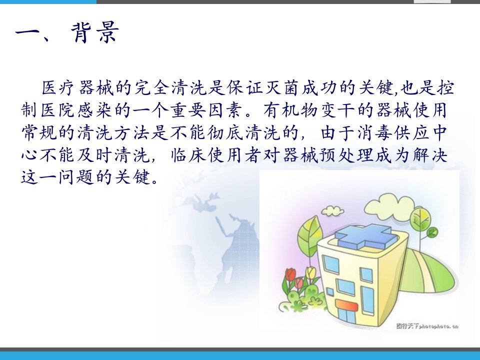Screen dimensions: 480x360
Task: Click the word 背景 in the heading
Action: click(95, 32)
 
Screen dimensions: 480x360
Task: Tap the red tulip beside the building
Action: click(290, 273)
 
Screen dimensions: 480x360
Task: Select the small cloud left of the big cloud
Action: click(332, 210)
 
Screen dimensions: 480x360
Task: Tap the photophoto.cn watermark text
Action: click(427, 326)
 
